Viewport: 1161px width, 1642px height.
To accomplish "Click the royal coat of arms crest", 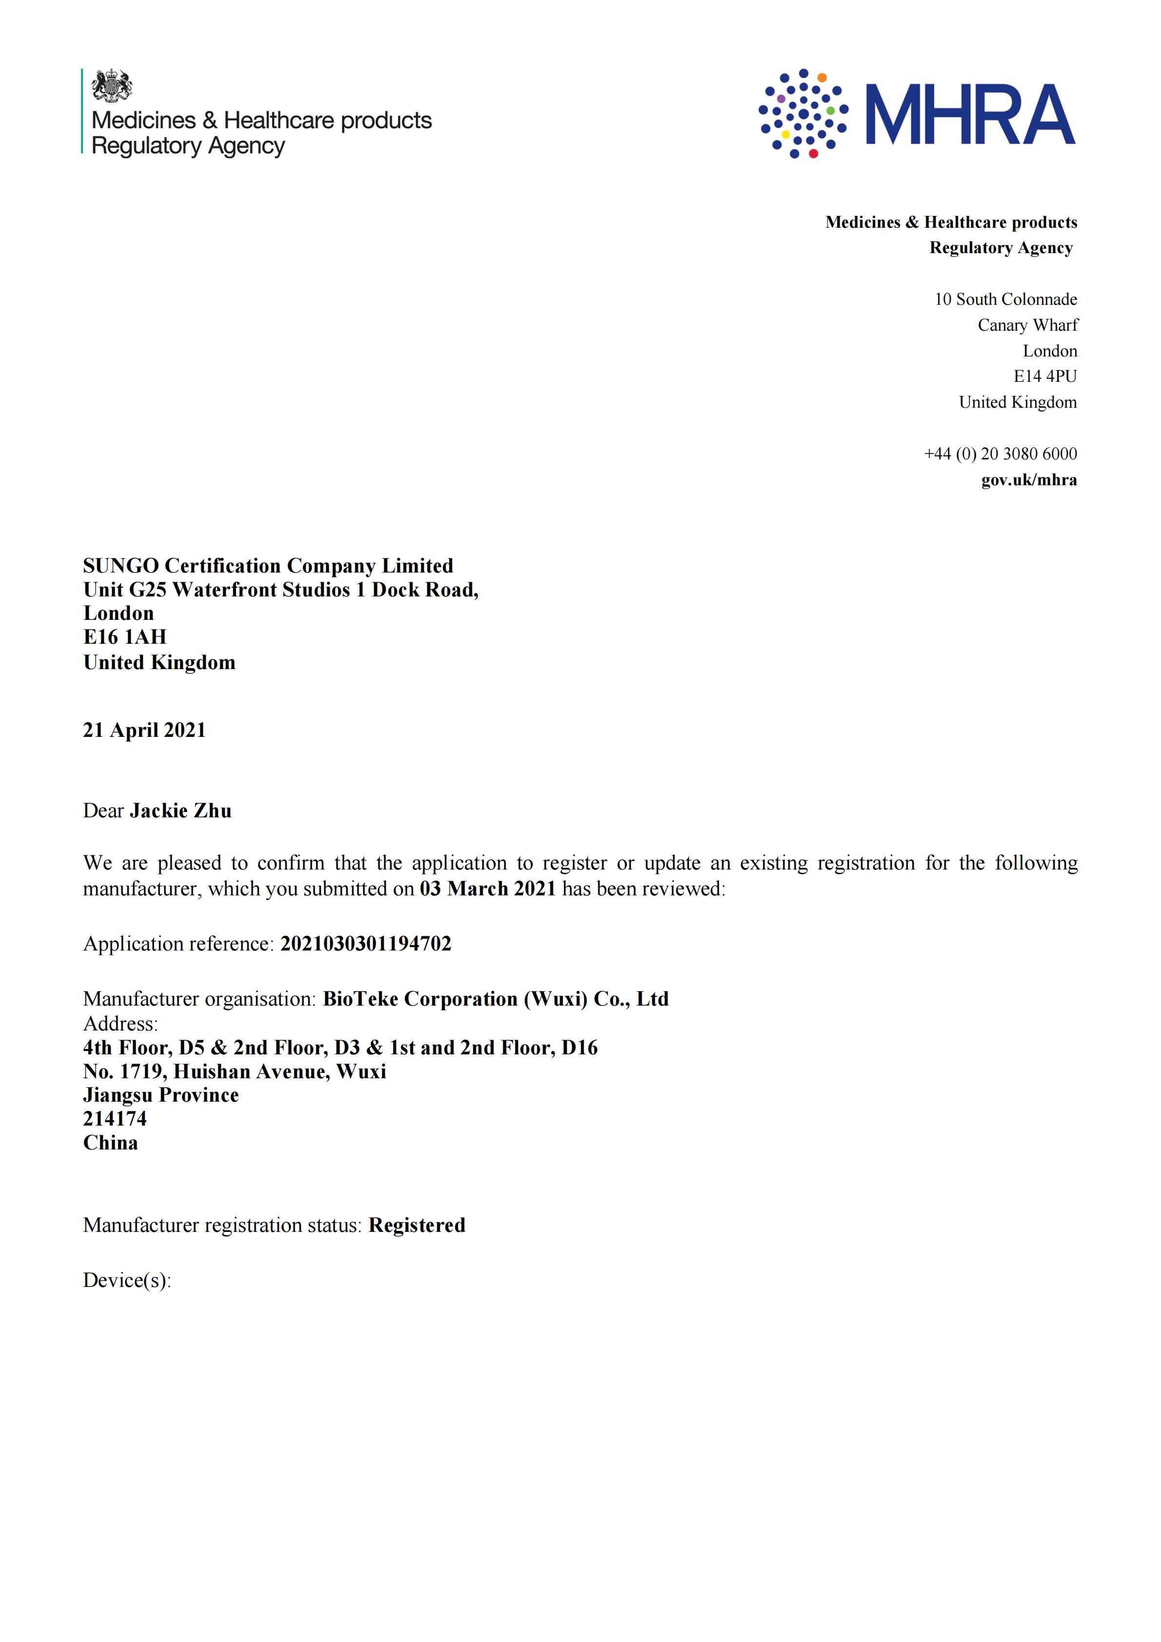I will (112, 86).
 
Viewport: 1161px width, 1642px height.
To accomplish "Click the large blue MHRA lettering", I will (970, 115).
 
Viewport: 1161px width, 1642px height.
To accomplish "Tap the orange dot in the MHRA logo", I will (822, 77).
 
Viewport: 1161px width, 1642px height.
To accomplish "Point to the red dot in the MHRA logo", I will (813, 153).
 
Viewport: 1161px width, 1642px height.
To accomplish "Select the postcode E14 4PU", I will (1044, 376).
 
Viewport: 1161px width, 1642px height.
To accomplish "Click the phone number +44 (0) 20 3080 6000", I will (1000, 454).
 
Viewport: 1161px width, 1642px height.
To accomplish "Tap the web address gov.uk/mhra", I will (1029, 479).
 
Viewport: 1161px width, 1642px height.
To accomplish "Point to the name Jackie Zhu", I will (181, 811).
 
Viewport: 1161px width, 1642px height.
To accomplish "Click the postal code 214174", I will (115, 1119).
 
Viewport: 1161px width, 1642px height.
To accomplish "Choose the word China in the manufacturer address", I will (110, 1142).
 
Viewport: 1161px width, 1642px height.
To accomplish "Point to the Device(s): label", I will (127, 1280).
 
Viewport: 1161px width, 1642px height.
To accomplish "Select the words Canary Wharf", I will (1027, 325).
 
